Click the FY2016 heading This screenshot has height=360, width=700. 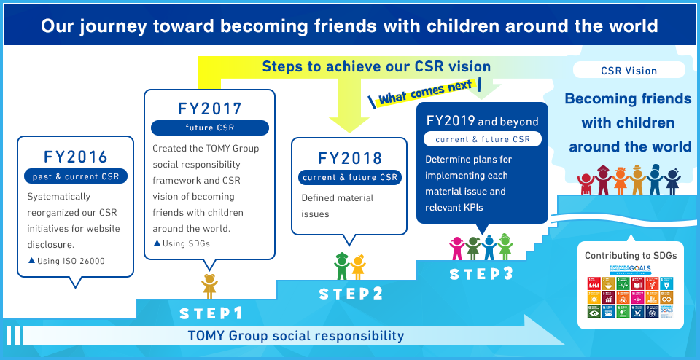(76, 156)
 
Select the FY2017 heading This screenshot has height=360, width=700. (210, 109)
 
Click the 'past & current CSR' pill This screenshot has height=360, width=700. (76, 176)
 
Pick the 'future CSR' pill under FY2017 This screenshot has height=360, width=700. (210, 128)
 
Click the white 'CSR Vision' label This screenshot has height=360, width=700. (629, 71)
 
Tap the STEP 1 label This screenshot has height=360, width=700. (211, 313)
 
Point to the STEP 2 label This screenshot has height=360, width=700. (351, 294)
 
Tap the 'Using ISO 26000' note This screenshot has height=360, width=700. (68, 260)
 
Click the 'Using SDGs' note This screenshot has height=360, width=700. (182, 243)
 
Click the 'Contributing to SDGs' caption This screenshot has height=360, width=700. (631, 256)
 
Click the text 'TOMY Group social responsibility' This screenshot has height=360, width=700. (295, 336)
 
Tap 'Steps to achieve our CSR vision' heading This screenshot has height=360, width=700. (376, 66)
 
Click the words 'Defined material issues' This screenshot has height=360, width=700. (338, 206)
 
